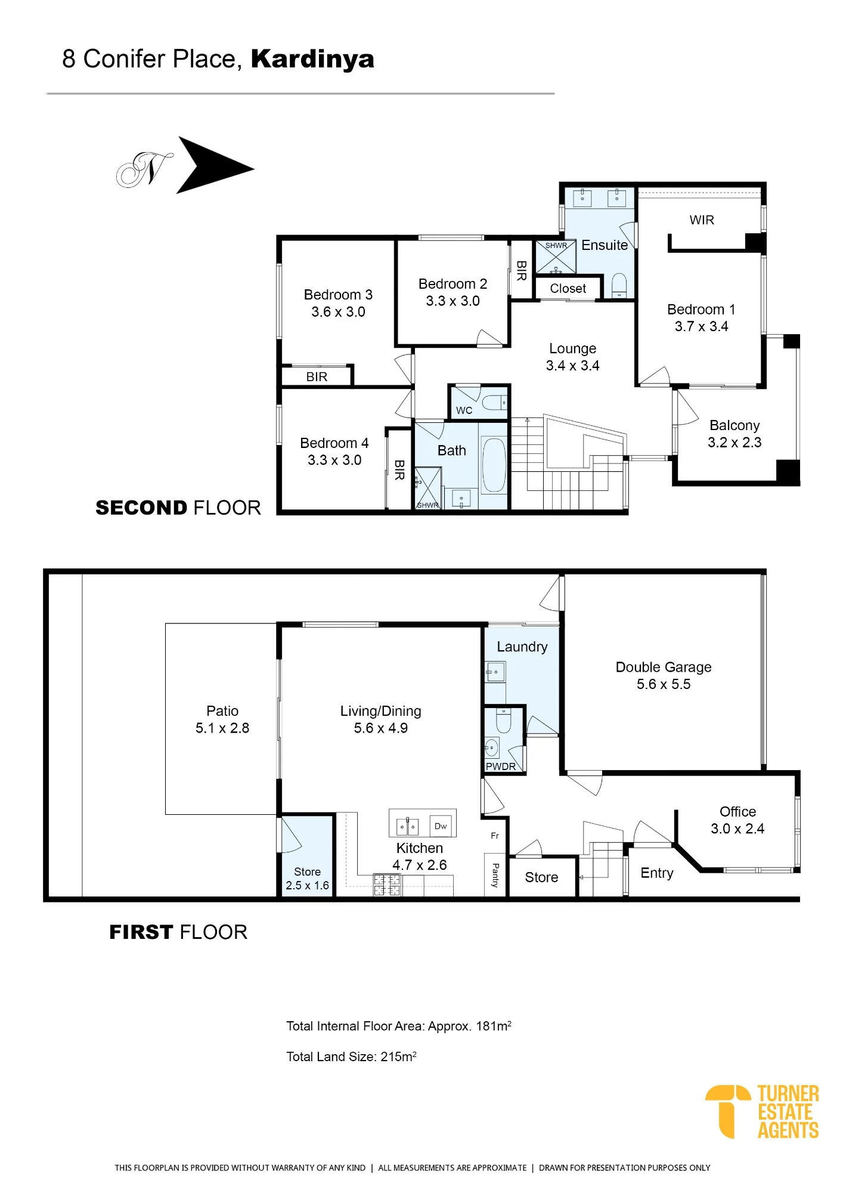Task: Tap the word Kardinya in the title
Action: point(312,60)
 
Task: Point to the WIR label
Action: point(702,220)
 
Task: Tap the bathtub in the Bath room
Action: point(494,465)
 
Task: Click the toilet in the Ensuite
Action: point(619,285)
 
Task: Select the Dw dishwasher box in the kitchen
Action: point(441,826)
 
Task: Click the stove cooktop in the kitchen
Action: point(386,885)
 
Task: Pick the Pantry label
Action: point(495,875)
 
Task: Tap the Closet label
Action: point(568,289)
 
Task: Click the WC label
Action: point(464,410)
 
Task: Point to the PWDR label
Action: point(501,767)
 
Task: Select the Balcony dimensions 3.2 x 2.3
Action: point(734,443)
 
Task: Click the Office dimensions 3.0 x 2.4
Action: point(737,829)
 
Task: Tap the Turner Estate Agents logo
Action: point(762,1112)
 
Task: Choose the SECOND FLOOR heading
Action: point(178,508)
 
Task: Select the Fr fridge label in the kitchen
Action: point(495,836)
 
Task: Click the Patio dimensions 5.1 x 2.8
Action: point(222,728)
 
